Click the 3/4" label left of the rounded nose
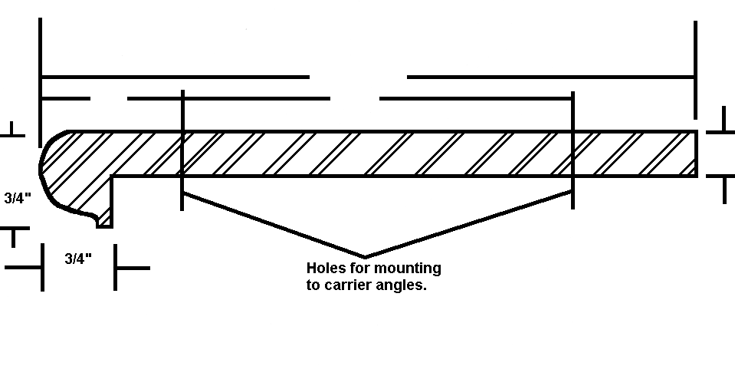click(x=18, y=198)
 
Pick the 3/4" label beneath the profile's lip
click(x=78, y=259)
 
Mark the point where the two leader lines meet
click(x=365, y=257)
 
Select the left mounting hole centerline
click(x=182, y=150)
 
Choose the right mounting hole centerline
click(x=573, y=150)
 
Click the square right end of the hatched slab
click(x=696, y=154)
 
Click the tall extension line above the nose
click(x=41, y=83)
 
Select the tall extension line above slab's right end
click(x=696, y=70)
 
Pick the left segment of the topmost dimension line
click(x=176, y=77)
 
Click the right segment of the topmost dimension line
click(x=551, y=77)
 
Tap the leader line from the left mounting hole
click(x=274, y=225)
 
